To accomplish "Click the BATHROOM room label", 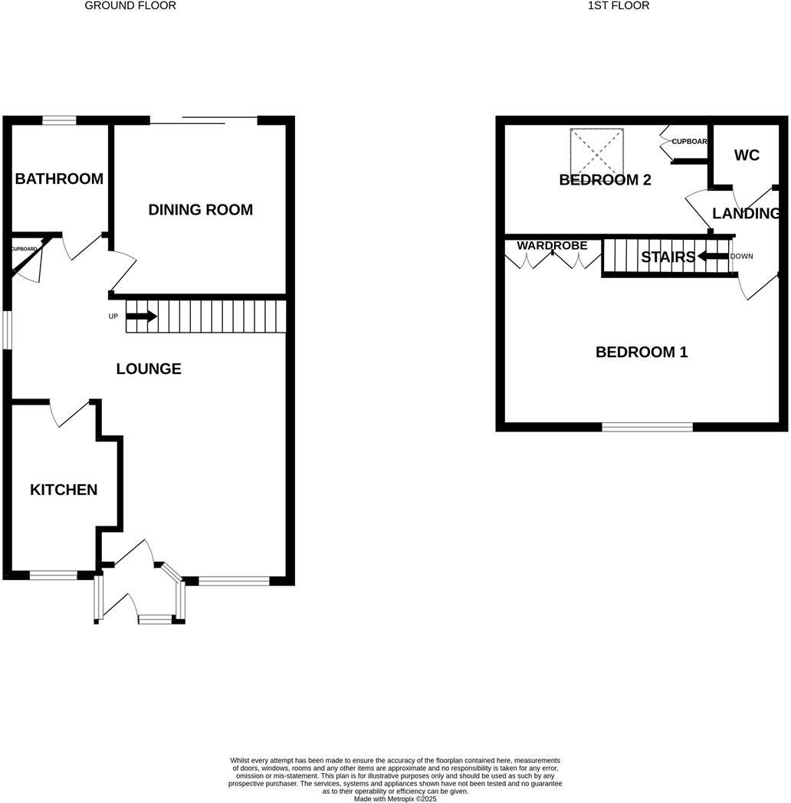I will (x=59, y=179).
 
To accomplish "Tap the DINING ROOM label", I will (x=200, y=209).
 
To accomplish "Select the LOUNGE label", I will (x=149, y=369).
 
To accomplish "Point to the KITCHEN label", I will (x=64, y=490).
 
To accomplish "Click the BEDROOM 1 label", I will (x=642, y=352).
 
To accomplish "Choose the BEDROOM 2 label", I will (x=605, y=180).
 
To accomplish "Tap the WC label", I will (x=747, y=155).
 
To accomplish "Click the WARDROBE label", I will (x=552, y=246).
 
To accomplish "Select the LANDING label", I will (x=746, y=213).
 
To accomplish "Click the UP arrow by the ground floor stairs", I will (x=141, y=316).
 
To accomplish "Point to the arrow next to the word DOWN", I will (x=712, y=257).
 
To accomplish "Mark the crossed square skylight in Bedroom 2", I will (x=596, y=151).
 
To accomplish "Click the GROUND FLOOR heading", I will (x=130, y=5).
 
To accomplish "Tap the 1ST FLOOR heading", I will (x=619, y=5).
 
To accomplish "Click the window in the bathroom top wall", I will (x=59, y=120).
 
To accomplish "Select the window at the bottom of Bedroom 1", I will (x=647, y=427).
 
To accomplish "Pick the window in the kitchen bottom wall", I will (x=53, y=575).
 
